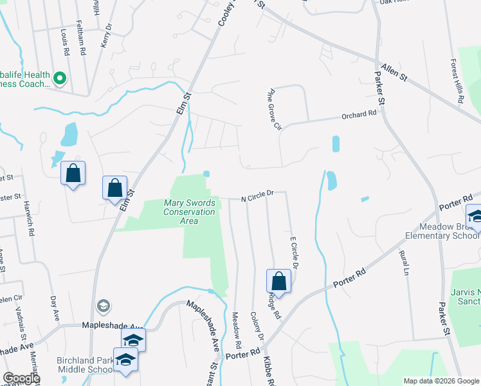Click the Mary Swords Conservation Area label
(x=189, y=212)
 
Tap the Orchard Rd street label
(x=358, y=115)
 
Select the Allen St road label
(x=394, y=71)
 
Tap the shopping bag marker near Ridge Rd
(x=278, y=281)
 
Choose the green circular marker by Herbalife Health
(x=60, y=79)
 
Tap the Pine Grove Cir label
(x=272, y=109)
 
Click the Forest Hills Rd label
(x=457, y=82)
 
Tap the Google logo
(x=21, y=379)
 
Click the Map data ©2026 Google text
(x=441, y=381)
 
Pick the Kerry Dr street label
(x=105, y=36)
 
